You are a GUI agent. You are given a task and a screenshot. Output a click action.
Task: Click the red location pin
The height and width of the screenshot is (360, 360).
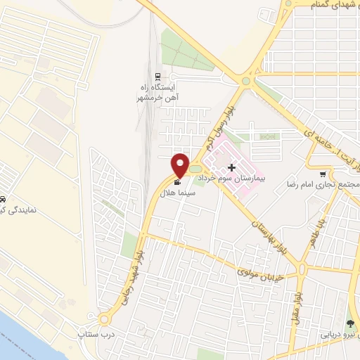click(x=181, y=165)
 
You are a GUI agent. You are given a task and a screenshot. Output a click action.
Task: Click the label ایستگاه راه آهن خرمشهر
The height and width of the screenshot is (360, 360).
click(x=159, y=93)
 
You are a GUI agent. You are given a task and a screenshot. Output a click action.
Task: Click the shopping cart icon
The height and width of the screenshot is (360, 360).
click(x=323, y=174)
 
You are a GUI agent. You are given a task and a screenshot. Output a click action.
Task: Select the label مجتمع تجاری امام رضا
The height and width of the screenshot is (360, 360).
click(x=323, y=184)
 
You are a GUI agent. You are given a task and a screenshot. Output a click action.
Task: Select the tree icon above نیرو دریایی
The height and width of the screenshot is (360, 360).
click(x=352, y=324)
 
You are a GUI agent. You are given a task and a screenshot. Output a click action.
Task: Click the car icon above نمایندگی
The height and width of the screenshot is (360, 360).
click(x=4, y=200)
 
